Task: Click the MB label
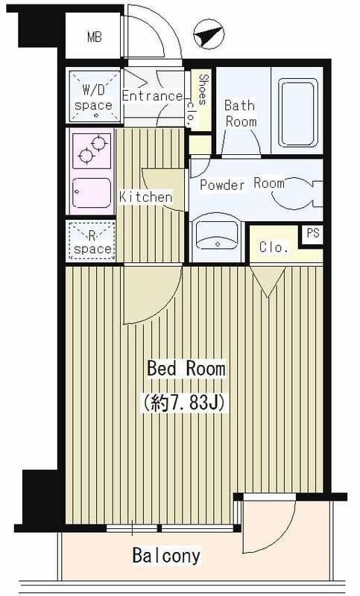(94, 37)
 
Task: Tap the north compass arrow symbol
(208, 34)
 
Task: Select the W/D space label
(93, 98)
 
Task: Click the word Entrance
(152, 96)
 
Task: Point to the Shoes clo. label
(198, 100)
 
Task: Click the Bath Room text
(241, 113)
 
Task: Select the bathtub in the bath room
(297, 112)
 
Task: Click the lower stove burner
(86, 156)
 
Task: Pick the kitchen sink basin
(92, 193)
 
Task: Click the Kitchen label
(145, 197)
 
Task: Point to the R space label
(92, 243)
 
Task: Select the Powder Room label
(242, 184)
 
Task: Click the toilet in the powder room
(297, 194)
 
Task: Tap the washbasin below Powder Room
(217, 236)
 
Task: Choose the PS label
(313, 233)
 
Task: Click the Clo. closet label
(274, 247)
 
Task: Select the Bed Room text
(186, 368)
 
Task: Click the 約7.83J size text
(186, 402)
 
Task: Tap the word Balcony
(166, 556)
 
